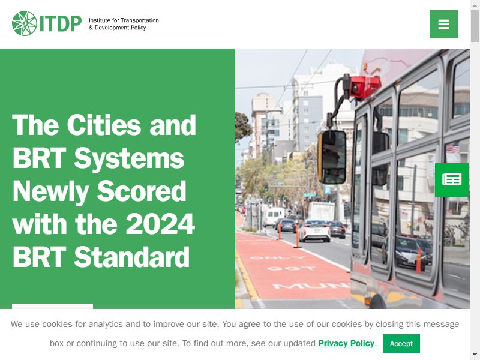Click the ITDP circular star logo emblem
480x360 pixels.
tap(25, 23)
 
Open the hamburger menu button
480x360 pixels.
tap(443, 24)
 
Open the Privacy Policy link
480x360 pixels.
tap(346, 343)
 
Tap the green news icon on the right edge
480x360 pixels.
tap(452, 179)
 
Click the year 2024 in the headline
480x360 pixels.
tap(160, 224)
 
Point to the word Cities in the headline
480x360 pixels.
tap(104, 125)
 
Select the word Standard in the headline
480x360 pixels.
tap(131, 257)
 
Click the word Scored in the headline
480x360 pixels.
tap(142, 191)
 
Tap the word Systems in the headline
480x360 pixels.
tap(129, 159)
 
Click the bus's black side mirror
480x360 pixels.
tap(332, 157)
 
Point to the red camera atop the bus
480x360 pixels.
tap(365, 87)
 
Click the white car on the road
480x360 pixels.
tap(314, 231)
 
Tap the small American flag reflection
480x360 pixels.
tap(452, 148)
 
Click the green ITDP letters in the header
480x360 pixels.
tap(61, 23)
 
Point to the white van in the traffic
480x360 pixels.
tap(274, 217)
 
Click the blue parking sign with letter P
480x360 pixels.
tap(328, 190)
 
